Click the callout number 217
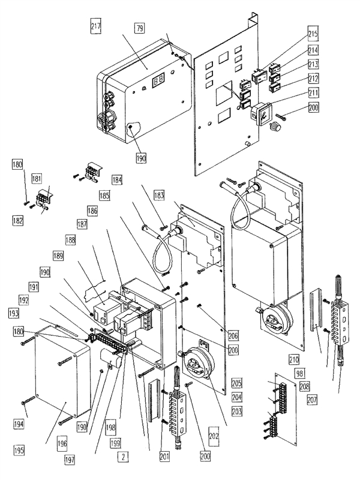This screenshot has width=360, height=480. (95, 27)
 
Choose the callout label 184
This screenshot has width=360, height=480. (116, 179)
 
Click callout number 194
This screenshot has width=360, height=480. (21, 424)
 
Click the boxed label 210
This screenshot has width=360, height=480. (293, 361)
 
